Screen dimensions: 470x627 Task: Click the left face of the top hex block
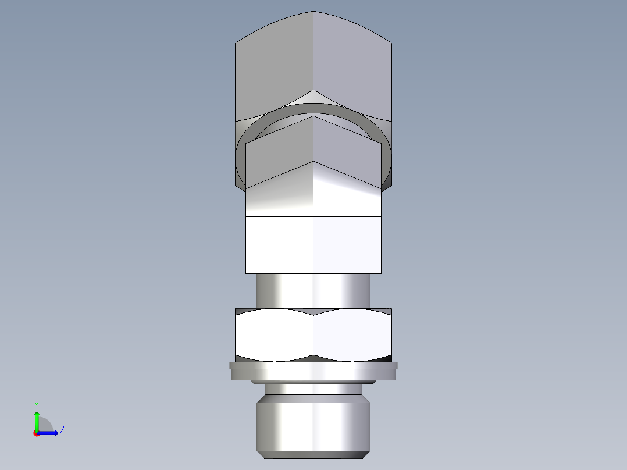tap(273, 70)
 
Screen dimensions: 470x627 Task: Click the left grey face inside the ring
tap(279, 154)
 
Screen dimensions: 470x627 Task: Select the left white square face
tap(279, 244)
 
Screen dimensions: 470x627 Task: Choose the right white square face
tap(348, 244)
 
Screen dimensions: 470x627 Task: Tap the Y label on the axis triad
tap(36, 404)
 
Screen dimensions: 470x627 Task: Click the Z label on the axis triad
tap(62, 430)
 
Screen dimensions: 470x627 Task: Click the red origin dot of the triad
tap(36, 433)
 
